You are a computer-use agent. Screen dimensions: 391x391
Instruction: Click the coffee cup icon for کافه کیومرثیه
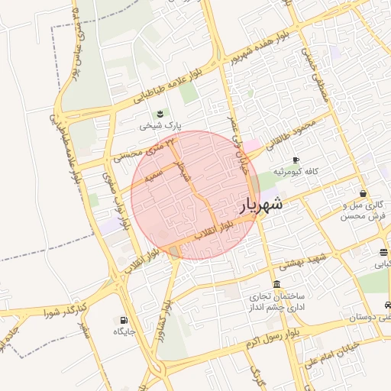(x=296, y=160)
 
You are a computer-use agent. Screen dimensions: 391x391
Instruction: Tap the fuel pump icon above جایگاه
(x=124, y=320)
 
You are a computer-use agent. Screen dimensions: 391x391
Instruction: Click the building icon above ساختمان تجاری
(x=276, y=284)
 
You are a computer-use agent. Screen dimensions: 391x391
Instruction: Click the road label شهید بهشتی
(x=300, y=261)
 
